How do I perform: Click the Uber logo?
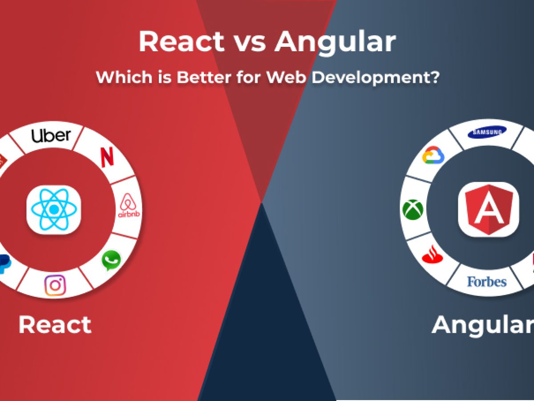tap(51, 135)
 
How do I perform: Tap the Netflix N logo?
tap(107, 157)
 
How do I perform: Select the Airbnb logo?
tap(129, 205)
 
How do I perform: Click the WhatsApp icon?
tap(111, 260)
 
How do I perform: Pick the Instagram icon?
tap(55, 285)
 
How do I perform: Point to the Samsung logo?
tap(487, 132)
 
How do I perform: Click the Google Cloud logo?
tap(433, 155)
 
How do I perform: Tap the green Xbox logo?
tap(413, 209)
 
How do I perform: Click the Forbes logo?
tap(487, 282)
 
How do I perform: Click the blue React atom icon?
tap(54, 209)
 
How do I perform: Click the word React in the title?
tap(181, 41)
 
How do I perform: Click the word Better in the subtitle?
tap(204, 77)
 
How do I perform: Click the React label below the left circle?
tap(55, 324)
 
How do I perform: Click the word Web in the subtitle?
tap(286, 77)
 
